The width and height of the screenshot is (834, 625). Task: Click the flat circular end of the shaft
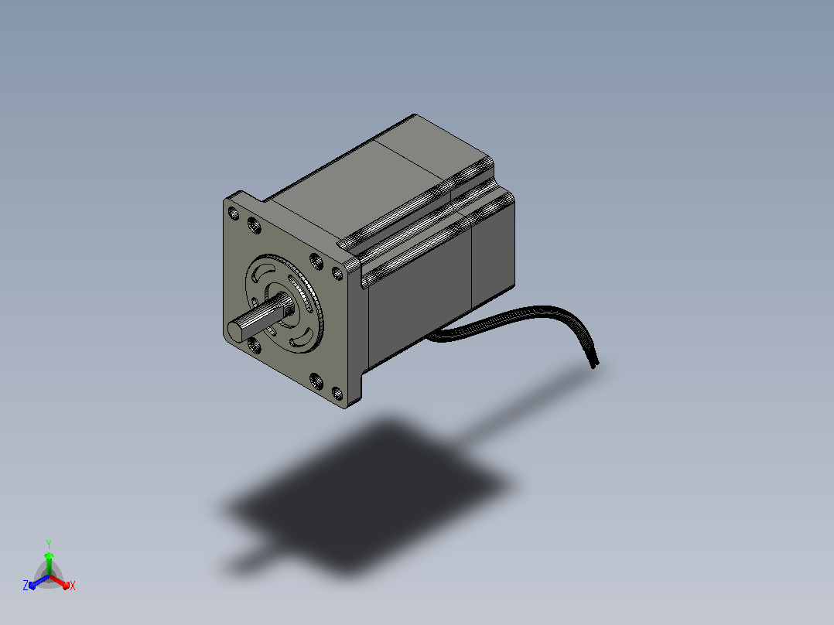coord(237,331)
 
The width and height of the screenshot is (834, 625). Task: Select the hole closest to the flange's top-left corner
coord(234,213)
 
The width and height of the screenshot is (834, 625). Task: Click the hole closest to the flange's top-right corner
coord(337,273)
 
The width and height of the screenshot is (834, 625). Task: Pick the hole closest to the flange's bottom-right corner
coord(337,394)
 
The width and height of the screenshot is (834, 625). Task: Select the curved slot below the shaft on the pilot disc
coord(301,339)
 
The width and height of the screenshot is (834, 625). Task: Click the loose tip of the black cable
coord(595,364)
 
